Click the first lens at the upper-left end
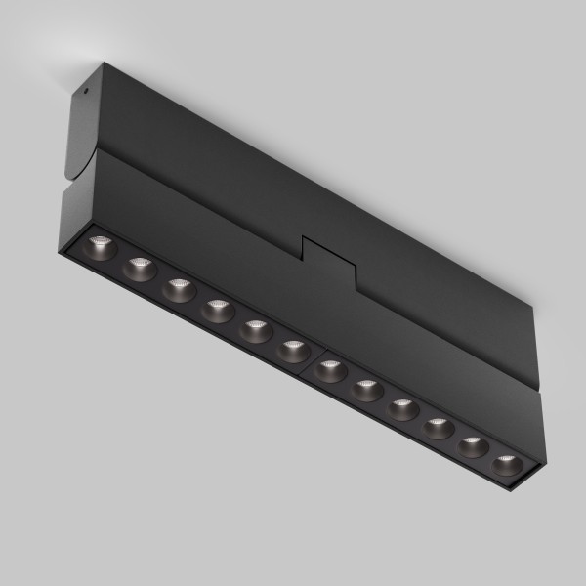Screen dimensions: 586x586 [x=102, y=245]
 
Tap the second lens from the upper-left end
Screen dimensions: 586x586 [x=140, y=268]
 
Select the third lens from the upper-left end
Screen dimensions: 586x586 [x=177, y=290]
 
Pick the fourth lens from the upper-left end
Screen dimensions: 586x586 [x=216, y=312]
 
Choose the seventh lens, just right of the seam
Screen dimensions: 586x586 [x=329, y=371]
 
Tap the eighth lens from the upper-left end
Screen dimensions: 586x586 [x=366, y=390]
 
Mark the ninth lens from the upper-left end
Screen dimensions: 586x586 [x=402, y=407]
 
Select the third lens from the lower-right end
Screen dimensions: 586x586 [x=438, y=428]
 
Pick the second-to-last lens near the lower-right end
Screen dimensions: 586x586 [x=473, y=446]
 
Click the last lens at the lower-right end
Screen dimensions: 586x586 [x=506, y=463]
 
